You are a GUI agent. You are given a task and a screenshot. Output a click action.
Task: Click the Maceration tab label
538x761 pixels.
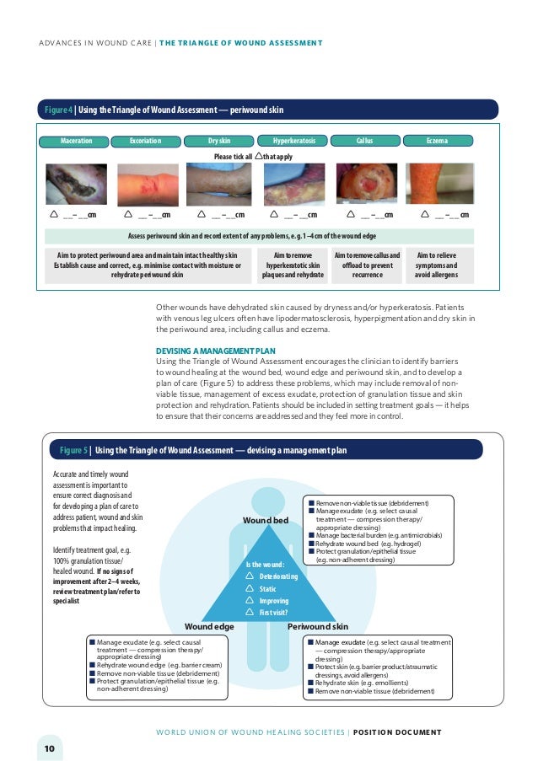tap(76, 141)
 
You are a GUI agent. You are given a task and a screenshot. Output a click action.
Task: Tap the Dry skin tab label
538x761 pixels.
tap(219, 141)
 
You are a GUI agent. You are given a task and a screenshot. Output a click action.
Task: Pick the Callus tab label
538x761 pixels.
tap(364, 141)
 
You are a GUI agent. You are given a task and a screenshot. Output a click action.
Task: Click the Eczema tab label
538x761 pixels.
tap(437, 141)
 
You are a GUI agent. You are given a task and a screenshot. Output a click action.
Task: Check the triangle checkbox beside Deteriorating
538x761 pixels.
tap(250, 576)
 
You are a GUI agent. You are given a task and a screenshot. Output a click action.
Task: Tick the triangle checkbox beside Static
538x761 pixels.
tap(250, 588)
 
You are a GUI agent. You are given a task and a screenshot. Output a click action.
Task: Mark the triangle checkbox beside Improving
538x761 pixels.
tap(250, 601)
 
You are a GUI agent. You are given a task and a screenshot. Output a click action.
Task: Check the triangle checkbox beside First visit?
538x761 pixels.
tap(250, 613)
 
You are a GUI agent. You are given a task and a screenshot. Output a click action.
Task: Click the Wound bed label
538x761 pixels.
tap(266, 521)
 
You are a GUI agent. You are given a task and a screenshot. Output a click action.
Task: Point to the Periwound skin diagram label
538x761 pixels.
tap(318, 627)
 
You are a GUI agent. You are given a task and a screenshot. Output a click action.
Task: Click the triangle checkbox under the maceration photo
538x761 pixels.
tap(54, 215)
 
